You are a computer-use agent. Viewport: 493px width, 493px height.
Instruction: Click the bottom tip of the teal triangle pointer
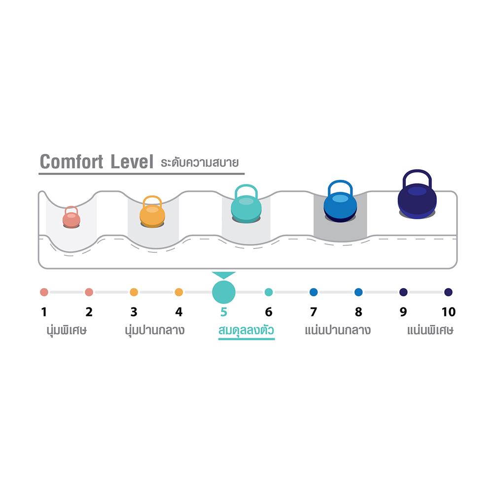(223, 279)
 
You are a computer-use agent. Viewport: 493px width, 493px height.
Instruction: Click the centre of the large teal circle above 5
(223, 292)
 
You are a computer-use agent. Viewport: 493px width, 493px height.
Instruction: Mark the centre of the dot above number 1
(44, 292)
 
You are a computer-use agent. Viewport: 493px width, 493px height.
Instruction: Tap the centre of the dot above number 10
(448, 292)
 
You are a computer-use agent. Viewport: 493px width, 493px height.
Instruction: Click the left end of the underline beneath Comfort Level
(38, 173)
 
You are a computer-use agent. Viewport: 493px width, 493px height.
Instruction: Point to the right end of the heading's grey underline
(245, 173)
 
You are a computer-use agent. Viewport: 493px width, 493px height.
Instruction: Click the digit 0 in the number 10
(452, 312)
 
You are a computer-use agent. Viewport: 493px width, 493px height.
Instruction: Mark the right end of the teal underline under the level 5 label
(275, 339)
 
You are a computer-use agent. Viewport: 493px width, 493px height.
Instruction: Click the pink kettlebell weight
(71, 217)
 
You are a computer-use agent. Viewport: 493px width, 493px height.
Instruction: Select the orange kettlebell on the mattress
(152, 211)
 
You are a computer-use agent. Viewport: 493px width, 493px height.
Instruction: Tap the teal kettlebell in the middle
(246, 204)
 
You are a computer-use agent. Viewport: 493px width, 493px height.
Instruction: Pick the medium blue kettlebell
(340, 201)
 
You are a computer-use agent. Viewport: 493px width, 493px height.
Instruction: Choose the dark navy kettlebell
(417, 194)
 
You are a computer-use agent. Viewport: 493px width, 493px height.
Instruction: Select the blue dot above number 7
(314, 292)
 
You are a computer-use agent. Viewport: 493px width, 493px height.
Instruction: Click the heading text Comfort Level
(97, 162)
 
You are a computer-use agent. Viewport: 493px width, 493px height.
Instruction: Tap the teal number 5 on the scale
(223, 312)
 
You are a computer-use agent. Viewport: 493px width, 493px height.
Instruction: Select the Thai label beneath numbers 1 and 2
(67, 330)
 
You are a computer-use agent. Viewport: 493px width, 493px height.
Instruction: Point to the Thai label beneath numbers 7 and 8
(338, 330)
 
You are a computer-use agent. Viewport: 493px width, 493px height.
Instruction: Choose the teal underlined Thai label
(246, 330)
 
